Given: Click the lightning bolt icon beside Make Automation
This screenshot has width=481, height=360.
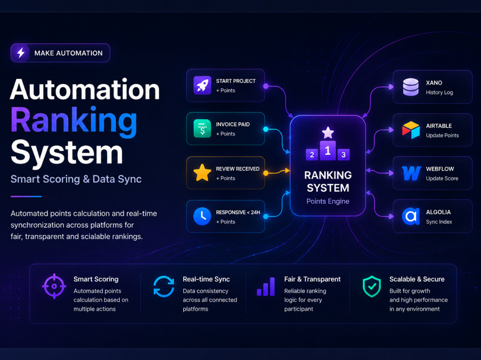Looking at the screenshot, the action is point(21,53).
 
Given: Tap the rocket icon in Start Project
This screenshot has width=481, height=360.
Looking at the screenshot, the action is point(202,85).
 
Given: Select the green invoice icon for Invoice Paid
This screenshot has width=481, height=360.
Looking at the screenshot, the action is point(202,128).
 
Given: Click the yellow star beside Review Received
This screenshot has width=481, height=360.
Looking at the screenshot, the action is point(202,173).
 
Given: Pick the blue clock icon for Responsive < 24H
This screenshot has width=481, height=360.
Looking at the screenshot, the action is point(202,216).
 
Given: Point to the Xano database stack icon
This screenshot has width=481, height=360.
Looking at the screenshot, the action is point(411,87).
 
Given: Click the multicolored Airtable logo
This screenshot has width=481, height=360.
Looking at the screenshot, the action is point(411,130).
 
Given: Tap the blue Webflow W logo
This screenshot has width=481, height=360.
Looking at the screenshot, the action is point(411,173).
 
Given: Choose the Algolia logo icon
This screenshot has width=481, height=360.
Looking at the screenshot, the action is point(411,216).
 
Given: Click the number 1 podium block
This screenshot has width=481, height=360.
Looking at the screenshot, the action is point(328,150).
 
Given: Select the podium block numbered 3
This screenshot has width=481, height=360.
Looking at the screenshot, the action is point(343,155).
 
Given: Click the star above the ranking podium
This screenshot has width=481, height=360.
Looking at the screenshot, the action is point(328,133).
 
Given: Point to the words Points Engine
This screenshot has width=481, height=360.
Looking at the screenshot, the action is point(328,201).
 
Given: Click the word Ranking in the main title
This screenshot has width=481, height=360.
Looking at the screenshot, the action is point(74,122).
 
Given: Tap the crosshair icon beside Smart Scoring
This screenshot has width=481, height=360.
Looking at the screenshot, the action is point(54,286).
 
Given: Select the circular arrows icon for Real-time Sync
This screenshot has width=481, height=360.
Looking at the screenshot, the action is point(164,286).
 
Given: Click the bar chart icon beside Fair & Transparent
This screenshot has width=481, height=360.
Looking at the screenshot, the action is point(266,286).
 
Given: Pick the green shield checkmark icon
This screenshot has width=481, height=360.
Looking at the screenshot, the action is point(372,286).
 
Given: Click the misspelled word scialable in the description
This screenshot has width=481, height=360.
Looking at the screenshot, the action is point(94,236).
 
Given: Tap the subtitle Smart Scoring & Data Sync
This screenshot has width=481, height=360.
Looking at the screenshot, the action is point(76,179).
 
